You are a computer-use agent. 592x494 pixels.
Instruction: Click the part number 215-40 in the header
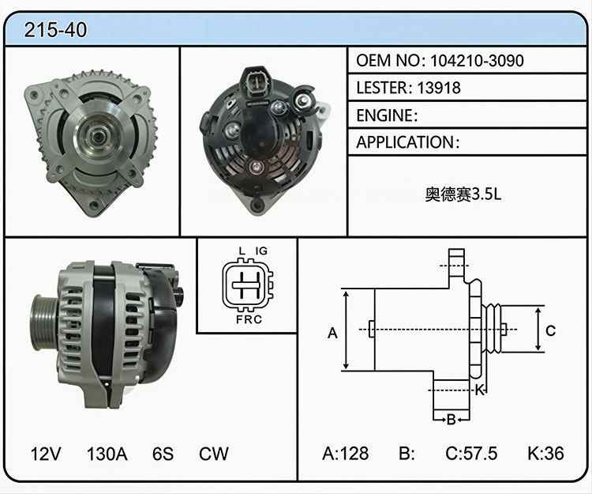[x=55, y=30]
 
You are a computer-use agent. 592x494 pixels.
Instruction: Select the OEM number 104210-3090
[x=477, y=61]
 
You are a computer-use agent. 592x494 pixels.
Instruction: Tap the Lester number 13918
[x=439, y=88]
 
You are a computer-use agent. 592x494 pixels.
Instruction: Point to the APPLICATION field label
[x=405, y=142]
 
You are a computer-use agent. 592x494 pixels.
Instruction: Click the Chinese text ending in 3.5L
[x=463, y=194]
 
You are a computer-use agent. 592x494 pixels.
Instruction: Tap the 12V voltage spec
[x=45, y=454]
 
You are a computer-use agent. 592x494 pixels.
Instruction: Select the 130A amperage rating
[x=107, y=454]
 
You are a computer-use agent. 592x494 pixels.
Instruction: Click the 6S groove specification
[x=163, y=454]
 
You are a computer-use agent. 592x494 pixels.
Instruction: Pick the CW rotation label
[x=214, y=454]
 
